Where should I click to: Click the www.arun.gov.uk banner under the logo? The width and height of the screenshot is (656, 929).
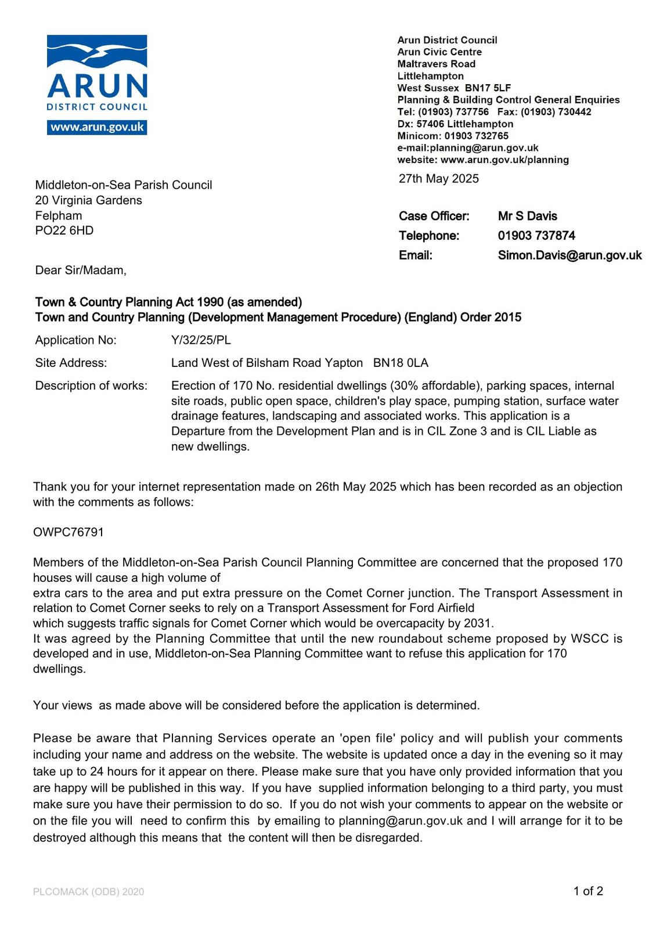click(x=97, y=127)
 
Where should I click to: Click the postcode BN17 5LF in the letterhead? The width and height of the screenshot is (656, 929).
click(x=488, y=88)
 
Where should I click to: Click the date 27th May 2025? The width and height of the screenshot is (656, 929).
click(x=438, y=178)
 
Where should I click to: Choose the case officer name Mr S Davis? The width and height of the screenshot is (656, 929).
click(x=527, y=216)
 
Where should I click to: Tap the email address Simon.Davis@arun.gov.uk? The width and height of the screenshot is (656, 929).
click(x=570, y=255)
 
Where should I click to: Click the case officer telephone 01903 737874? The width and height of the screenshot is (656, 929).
click(x=536, y=235)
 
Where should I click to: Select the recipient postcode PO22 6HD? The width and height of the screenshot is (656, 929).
click(x=64, y=231)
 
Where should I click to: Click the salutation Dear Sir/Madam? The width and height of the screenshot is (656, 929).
click(x=80, y=270)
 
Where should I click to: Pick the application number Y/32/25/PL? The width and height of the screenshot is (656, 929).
click(x=201, y=340)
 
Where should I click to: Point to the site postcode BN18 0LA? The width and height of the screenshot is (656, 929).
click(x=401, y=363)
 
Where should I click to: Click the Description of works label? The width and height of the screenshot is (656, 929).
click(x=91, y=386)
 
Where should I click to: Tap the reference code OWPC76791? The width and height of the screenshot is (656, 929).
click(x=69, y=532)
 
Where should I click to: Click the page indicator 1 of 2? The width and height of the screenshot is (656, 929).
click(x=588, y=891)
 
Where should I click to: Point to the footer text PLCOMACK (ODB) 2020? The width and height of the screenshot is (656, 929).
click(x=88, y=892)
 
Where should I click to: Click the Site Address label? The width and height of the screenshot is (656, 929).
click(x=71, y=363)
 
